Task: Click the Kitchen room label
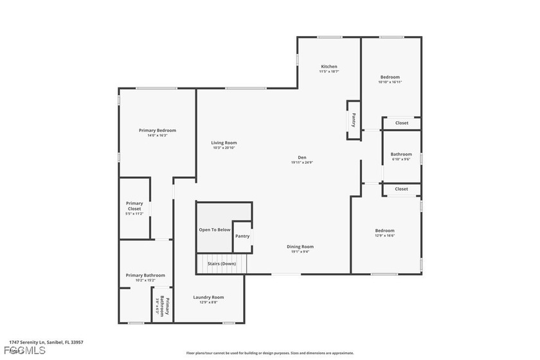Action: (x=329, y=67)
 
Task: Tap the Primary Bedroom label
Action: (x=157, y=130)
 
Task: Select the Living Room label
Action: (x=224, y=143)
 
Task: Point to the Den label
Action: (x=301, y=157)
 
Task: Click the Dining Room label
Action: (x=300, y=247)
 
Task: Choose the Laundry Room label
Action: (x=209, y=297)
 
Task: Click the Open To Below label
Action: (x=214, y=230)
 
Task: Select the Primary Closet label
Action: (x=134, y=206)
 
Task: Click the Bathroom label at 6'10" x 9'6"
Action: (x=401, y=154)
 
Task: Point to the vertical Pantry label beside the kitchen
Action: (x=354, y=120)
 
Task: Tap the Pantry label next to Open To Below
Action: (x=242, y=236)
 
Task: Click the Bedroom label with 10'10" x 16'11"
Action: (x=390, y=77)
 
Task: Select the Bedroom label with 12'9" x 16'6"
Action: (x=385, y=231)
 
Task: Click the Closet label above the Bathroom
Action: (x=402, y=123)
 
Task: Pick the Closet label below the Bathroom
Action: (x=402, y=189)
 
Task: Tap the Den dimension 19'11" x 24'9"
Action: (x=301, y=163)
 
